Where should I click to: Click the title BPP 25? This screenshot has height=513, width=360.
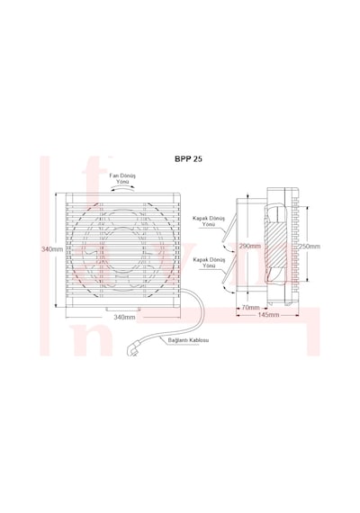click(188, 159)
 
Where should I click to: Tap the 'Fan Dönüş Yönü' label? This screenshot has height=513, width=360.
click(122, 178)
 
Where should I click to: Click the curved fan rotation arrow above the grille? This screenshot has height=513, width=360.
click(122, 188)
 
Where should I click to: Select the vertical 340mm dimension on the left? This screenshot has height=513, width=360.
click(52, 249)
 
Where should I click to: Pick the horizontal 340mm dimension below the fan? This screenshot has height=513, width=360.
click(124, 317)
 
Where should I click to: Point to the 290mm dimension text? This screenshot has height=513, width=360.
click(249, 246)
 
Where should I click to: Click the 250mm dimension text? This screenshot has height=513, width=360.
click(310, 247)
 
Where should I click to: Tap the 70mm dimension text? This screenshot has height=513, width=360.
click(250, 308)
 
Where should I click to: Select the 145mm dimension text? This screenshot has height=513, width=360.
click(269, 315)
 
